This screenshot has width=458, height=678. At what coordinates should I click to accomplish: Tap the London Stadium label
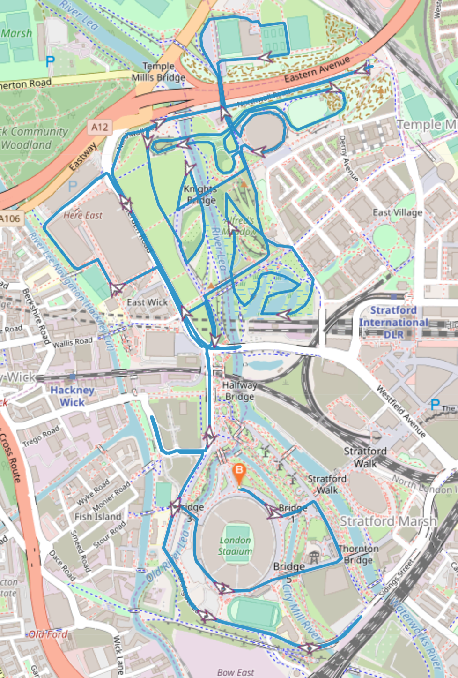tap(235, 546)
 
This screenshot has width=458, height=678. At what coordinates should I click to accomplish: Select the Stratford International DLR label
tap(393, 322)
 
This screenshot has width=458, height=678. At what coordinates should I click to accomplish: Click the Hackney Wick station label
tap(72, 396)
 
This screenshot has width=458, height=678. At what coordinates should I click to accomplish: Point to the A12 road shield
tap(100, 127)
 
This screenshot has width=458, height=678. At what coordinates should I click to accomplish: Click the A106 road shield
tap(10, 218)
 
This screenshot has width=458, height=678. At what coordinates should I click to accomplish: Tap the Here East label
tap(83, 215)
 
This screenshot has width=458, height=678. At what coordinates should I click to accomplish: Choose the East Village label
tap(398, 212)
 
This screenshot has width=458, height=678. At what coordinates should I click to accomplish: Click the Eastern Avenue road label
tap(317, 69)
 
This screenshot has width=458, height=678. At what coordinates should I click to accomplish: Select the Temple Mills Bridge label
tap(158, 72)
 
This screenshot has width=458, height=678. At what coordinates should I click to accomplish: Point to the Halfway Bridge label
tap(239, 391)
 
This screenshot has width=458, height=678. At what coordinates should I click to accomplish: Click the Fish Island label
tap(98, 516)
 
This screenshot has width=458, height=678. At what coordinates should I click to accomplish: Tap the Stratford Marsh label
tap(388, 521)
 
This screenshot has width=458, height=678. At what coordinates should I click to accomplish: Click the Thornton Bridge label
tap(358, 554)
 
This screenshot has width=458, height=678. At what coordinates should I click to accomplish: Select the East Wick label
tap(147, 302)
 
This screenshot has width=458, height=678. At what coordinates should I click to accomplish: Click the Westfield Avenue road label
tap(401, 411)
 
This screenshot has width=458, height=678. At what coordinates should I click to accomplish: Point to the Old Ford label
tap(48, 634)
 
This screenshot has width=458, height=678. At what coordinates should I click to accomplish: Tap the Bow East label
tap(236, 672)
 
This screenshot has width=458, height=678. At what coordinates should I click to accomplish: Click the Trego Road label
tap(41, 436)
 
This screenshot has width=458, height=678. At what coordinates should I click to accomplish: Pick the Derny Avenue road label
tap(349, 158)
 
